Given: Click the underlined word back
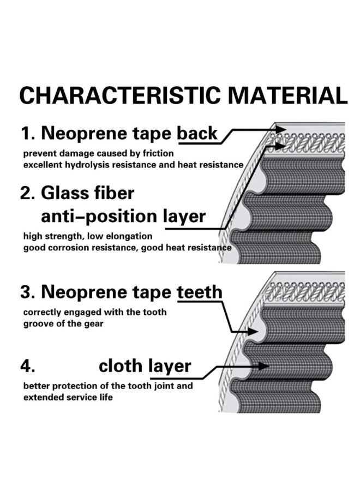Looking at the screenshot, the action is point(197,133).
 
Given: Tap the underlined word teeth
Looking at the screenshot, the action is point(200,292).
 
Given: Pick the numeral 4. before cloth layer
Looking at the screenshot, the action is point(28,366).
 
